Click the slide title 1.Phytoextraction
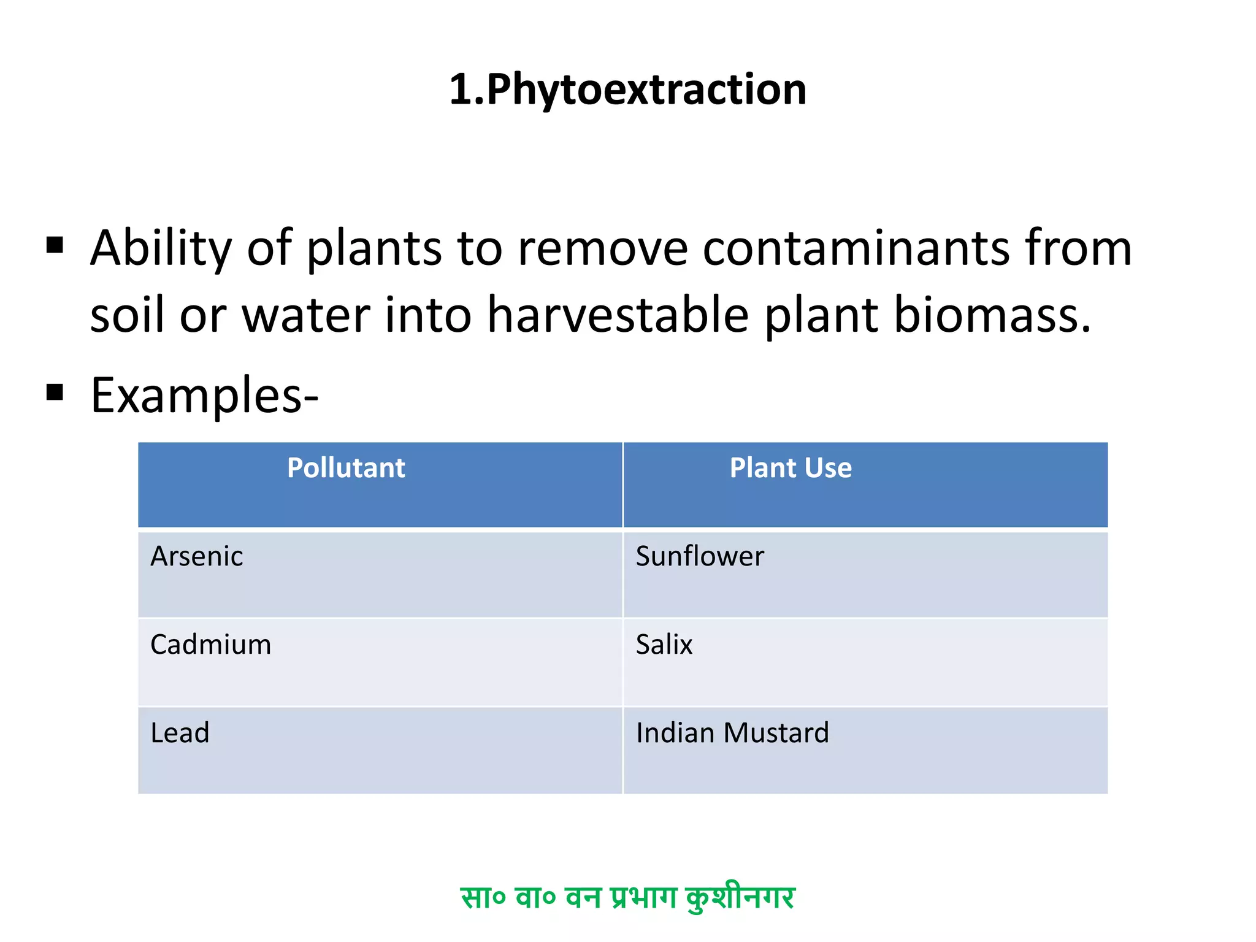[627, 90]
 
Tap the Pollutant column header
[346, 468]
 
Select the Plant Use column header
[790, 468]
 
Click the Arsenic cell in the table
[197, 556]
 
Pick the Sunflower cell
[700, 556]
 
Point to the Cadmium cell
[210, 645]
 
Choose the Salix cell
[664, 645]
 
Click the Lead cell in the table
[180, 733]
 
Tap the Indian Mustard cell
[732, 733]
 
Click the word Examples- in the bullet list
[204, 396]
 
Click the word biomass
[992, 315]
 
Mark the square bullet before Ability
[55, 245]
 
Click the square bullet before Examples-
[55, 392]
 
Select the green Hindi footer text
[627, 897]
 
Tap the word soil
[128, 315]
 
